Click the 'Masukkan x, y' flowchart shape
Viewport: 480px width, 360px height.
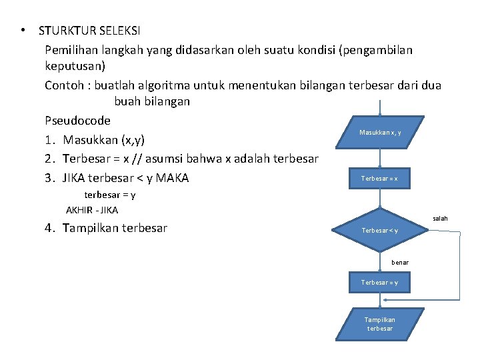(380, 133)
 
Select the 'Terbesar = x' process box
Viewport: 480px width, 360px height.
(379, 178)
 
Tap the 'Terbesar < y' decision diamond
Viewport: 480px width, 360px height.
(379, 231)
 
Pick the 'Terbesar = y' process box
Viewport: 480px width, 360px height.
(379, 282)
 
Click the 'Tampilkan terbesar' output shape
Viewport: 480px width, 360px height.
(379, 324)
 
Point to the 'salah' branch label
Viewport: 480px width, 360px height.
(440, 219)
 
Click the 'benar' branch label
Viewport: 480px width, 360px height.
(400, 262)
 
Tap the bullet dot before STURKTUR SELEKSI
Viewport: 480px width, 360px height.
(23, 31)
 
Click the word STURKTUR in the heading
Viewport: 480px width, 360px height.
(65, 31)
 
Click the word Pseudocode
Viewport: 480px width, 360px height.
(77, 121)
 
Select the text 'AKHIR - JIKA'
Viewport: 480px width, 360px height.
(92, 210)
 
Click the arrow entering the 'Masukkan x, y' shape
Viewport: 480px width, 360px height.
(380, 111)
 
